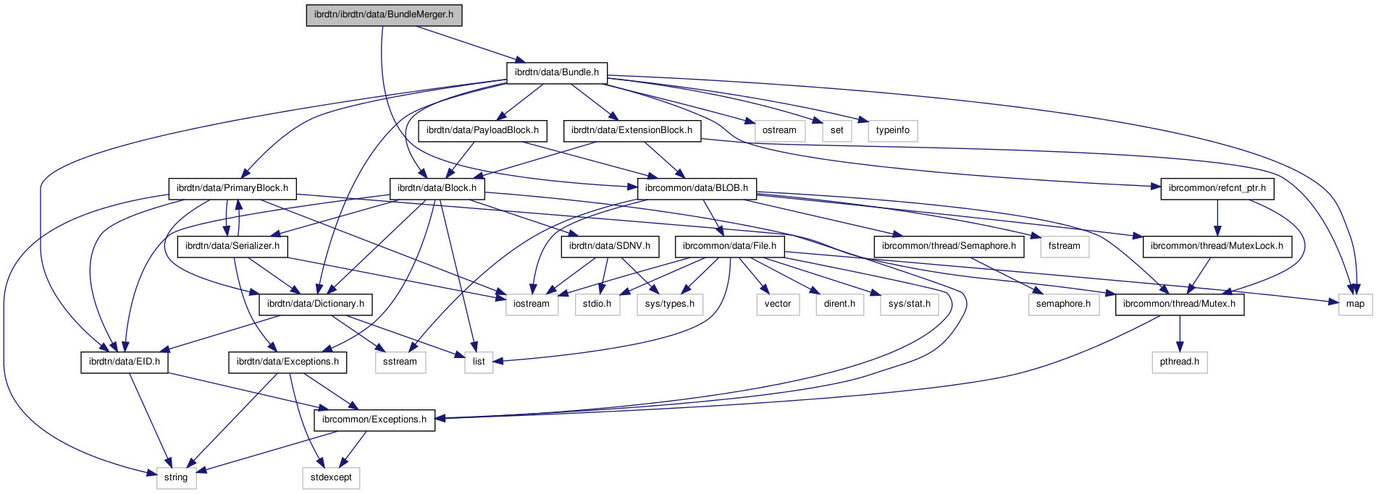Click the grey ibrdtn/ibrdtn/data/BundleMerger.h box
384,14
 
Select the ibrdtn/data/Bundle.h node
556,72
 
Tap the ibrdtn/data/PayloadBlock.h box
482,130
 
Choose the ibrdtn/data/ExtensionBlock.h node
632,130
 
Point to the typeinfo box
892,130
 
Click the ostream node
779,130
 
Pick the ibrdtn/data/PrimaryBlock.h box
232,188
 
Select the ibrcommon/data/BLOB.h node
697,188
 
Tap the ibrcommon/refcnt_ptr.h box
1217,188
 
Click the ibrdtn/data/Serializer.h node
232,246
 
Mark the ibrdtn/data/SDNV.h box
610,246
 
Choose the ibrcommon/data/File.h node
729,246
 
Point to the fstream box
1065,246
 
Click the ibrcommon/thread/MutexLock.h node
1217,246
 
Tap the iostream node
532,304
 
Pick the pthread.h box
1180,362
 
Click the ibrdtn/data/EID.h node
125,362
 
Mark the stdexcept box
331,477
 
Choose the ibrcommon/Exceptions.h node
374,420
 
